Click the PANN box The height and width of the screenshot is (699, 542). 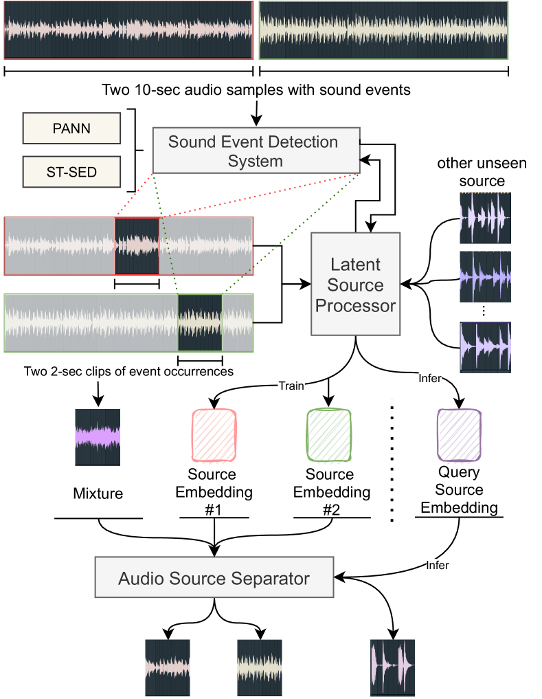click(71, 129)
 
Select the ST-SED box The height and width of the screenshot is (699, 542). click(71, 172)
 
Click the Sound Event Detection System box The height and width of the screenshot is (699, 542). click(256, 151)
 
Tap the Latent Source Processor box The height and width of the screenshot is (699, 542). click(355, 284)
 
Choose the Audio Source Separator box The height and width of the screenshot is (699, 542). click(214, 578)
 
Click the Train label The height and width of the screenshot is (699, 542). click(291, 386)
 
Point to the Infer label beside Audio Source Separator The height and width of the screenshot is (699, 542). click(438, 565)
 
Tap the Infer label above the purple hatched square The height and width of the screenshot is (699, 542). click(430, 378)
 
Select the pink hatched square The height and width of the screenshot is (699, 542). click(214, 435)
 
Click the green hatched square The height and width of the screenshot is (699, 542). click(329, 435)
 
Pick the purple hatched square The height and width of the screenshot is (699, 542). click(460, 435)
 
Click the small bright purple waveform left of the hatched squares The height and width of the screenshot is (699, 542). click(98, 437)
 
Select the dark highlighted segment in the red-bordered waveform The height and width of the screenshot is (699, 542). click(137, 246)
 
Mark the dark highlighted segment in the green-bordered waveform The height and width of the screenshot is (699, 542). click(200, 323)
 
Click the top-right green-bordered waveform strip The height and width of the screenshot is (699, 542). click(383, 30)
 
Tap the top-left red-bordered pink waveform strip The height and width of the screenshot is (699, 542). click(128, 30)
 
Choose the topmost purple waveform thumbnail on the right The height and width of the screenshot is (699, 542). click(485, 217)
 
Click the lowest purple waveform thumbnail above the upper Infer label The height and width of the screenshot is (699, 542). click(485, 347)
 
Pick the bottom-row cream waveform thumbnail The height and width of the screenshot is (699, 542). click(260, 667)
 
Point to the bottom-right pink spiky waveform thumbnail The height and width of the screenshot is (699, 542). click(392, 667)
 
